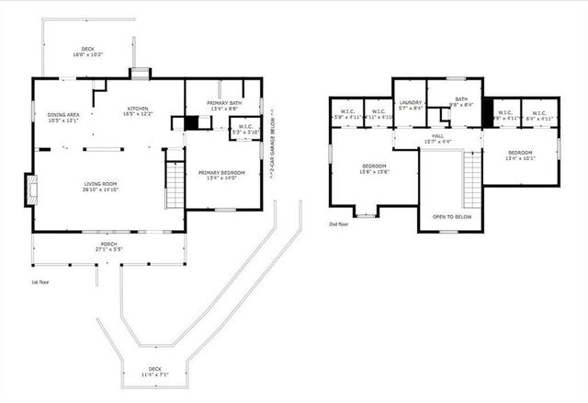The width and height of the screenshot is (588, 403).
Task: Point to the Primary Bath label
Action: (223, 105)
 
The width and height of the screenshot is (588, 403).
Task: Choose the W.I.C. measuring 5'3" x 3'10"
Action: (245, 129)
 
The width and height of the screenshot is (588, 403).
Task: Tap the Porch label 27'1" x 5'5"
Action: (109, 248)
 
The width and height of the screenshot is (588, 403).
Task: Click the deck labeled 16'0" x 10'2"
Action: (89, 52)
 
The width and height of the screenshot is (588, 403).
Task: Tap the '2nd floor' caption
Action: (338, 224)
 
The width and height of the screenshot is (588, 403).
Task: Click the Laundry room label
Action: (410, 105)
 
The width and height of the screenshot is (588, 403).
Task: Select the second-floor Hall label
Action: (437, 139)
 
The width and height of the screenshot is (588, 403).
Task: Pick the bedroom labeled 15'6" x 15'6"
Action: (374, 168)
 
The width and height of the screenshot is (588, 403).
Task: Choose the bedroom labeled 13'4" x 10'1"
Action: (520, 155)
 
